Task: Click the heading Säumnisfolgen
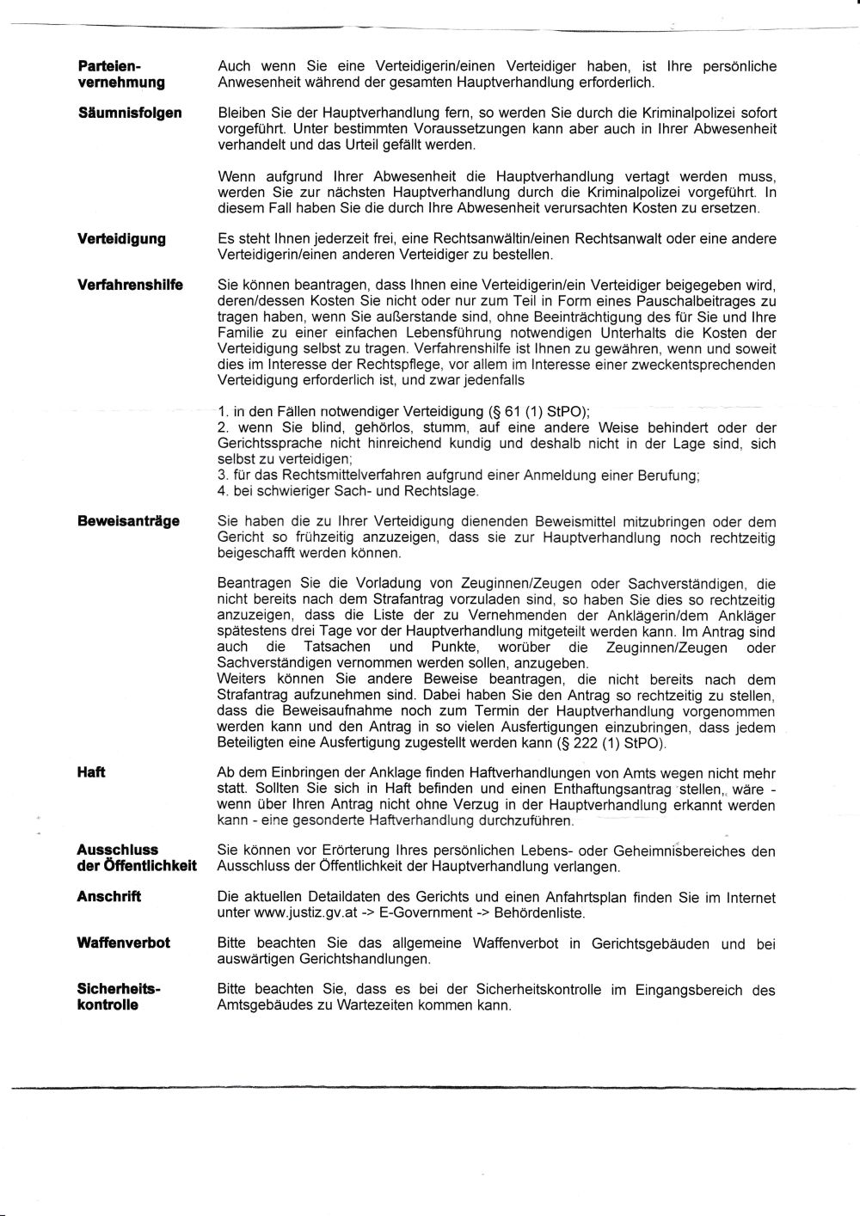(x=130, y=113)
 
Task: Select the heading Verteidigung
(x=122, y=238)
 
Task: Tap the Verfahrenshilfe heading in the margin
(x=130, y=285)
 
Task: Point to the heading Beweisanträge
(x=129, y=521)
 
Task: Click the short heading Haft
(x=91, y=772)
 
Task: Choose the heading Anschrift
(x=109, y=896)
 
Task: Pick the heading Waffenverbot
(x=124, y=943)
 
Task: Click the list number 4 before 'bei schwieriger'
(x=222, y=492)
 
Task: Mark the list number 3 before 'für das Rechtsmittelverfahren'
(x=222, y=476)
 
